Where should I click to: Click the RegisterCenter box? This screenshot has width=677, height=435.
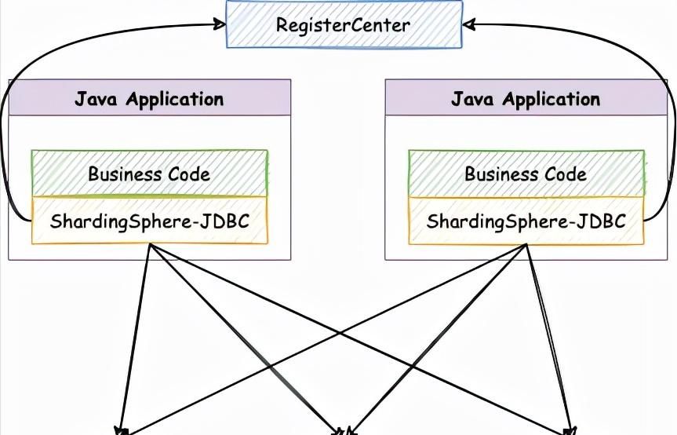pyautogui.click(x=343, y=24)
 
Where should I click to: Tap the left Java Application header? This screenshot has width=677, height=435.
pyautogui.click(x=149, y=99)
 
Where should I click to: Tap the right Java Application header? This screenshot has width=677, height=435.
pyautogui.click(x=526, y=99)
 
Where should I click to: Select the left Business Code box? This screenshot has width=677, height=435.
pyautogui.click(x=149, y=173)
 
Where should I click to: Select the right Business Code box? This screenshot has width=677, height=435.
pyautogui.click(x=526, y=173)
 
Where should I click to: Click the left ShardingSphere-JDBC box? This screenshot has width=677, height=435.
pyautogui.click(x=149, y=221)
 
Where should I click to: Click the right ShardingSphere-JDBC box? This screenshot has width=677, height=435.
pyautogui.click(x=526, y=221)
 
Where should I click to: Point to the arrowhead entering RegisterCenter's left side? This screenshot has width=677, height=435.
pyautogui.click(x=220, y=24)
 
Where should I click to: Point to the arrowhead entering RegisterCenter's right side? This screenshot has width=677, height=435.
pyautogui.click(x=468, y=24)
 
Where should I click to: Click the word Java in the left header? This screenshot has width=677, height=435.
pyautogui.click(x=98, y=99)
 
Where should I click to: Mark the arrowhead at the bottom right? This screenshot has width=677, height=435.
pyautogui.click(x=570, y=430)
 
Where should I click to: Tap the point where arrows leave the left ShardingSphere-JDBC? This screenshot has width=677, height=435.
pyautogui.click(x=150, y=245)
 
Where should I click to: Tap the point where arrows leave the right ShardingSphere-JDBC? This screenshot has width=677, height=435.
pyautogui.click(x=526, y=245)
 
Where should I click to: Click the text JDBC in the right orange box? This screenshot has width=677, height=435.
pyautogui.click(x=604, y=221)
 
